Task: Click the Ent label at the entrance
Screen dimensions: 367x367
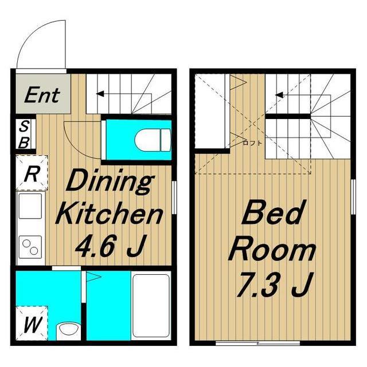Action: click(42, 95)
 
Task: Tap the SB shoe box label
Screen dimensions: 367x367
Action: click(24, 135)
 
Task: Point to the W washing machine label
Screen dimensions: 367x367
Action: click(32, 325)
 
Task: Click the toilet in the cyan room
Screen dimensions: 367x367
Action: click(153, 140)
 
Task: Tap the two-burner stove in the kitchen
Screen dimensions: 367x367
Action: click(30, 247)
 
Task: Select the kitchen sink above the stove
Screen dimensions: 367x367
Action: click(30, 206)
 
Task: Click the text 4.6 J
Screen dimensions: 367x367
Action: click(110, 246)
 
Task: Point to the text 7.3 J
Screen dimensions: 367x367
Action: click(274, 285)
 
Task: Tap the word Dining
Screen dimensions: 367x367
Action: click(110, 183)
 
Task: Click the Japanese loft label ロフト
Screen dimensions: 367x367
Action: click(252, 143)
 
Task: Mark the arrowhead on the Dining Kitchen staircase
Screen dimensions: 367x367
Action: click(100, 94)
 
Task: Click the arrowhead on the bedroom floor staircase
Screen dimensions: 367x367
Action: click(279, 95)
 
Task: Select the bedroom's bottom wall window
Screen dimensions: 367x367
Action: click(258, 343)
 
